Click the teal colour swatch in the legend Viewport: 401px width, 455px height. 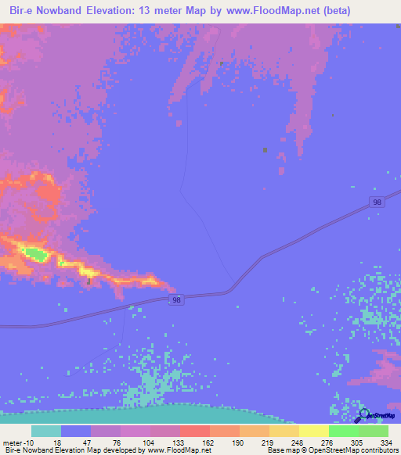pos(46,431)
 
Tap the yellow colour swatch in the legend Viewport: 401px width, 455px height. pos(313,431)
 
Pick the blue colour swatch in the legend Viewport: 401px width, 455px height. pos(76,431)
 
